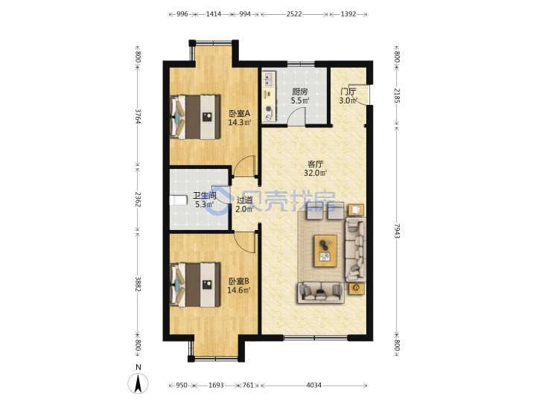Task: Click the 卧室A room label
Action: point(240,113)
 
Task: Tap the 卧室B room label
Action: point(239,281)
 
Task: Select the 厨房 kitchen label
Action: point(300,92)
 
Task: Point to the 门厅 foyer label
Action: point(348,92)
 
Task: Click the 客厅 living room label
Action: point(315,164)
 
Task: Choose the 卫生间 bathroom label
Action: point(205,196)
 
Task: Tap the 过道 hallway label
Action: point(244,200)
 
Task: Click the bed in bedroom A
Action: point(195,117)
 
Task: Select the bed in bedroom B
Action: point(195,284)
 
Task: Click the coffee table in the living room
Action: point(325,251)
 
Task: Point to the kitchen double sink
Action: point(269,80)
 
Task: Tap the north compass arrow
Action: point(138,383)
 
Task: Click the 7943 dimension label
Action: point(397,232)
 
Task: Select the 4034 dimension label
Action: point(313,386)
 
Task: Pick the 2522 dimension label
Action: point(294,14)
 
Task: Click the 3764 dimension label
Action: point(138,116)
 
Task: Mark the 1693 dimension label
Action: point(216,386)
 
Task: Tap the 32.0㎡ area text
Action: point(315,173)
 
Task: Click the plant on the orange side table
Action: point(356,288)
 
